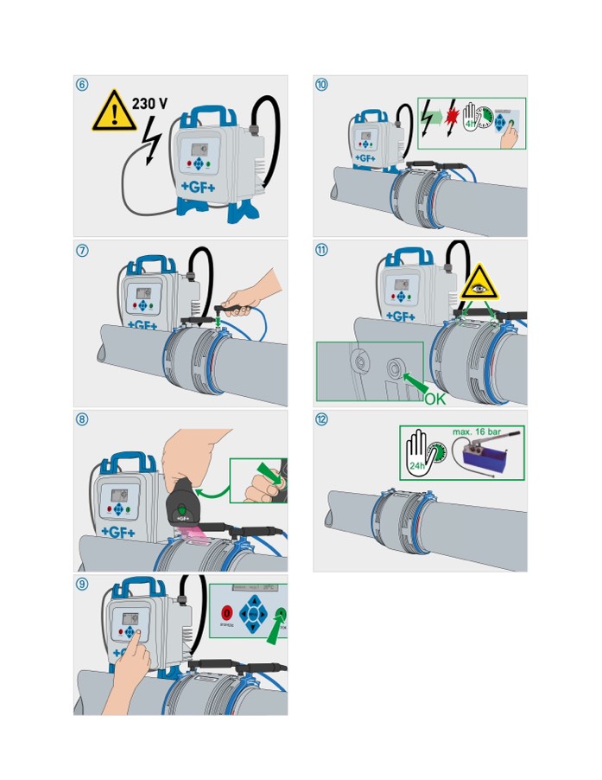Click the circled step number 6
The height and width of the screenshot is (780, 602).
click(82, 85)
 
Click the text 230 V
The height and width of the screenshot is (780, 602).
click(150, 104)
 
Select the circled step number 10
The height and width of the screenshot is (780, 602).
click(321, 85)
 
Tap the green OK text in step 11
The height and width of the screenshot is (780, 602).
click(435, 399)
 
